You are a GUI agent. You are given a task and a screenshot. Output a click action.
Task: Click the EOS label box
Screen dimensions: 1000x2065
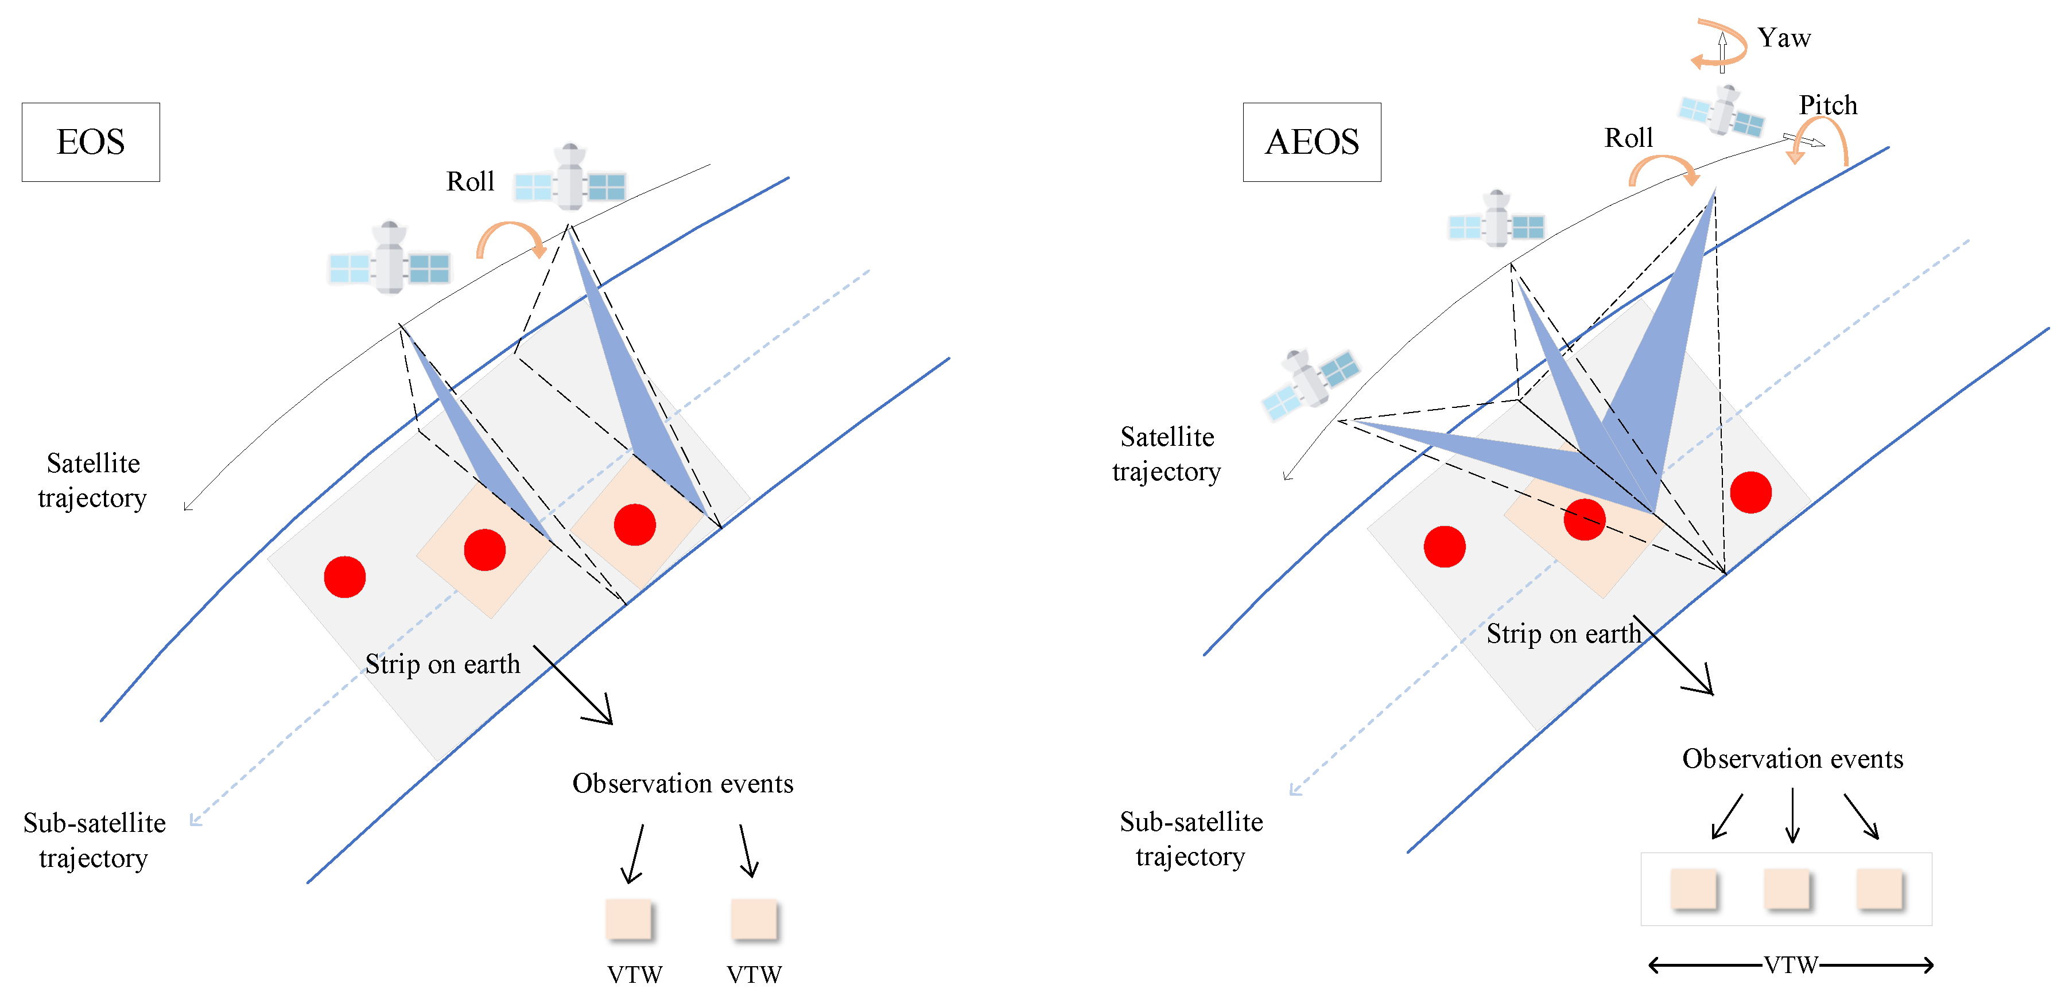(x=91, y=142)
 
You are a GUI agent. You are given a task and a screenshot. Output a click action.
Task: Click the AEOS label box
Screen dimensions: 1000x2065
(x=1311, y=142)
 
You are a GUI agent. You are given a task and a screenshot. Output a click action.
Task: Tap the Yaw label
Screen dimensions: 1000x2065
(x=1784, y=38)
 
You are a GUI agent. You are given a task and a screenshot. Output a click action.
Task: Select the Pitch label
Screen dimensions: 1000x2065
(x=1828, y=105)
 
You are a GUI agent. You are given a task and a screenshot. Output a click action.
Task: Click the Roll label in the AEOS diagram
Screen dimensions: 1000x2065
(x=1628, y=138)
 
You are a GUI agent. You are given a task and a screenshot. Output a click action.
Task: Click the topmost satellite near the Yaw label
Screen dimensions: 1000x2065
(x=1722, y=113)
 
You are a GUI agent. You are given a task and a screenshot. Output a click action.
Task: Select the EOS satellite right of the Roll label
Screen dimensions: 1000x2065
(x=570, y=180)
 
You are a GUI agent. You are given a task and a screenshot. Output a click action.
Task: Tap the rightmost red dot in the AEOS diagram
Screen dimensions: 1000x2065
(x=1750, y=492)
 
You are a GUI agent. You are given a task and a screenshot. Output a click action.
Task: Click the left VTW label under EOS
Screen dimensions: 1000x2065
(x=634, y=974)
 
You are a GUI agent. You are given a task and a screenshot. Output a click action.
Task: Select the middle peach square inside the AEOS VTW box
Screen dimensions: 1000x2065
(x=1787, y=889)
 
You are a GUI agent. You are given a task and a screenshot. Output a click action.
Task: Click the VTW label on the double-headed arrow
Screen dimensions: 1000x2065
(x=1790, y=965)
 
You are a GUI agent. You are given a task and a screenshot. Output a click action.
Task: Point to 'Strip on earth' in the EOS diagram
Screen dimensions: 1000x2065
(x=442, y=664)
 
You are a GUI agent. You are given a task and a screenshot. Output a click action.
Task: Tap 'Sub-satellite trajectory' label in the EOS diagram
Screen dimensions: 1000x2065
(x=95, y=840)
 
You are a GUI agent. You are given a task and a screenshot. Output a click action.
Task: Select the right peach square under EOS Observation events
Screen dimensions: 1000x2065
(x=754, y=919)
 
